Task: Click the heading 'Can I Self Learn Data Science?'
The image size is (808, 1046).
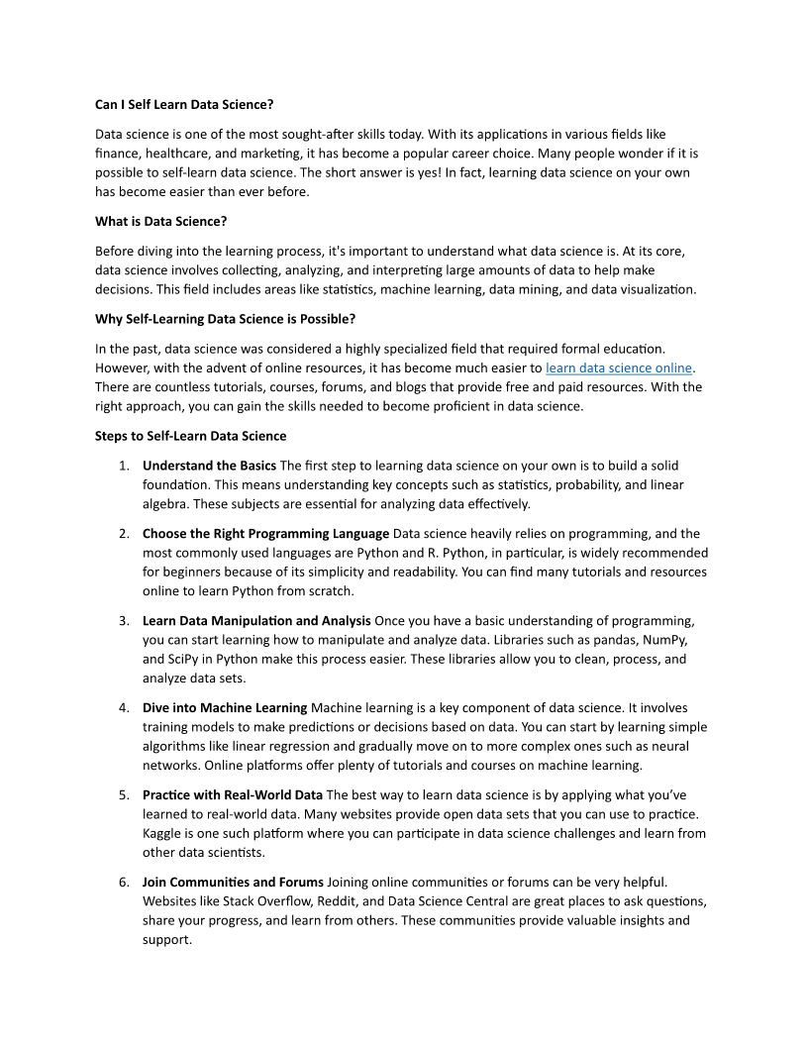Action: click(184, 104)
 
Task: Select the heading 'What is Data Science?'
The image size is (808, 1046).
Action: click(160, 221)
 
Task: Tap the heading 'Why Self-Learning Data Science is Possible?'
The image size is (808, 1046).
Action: click(225, 319)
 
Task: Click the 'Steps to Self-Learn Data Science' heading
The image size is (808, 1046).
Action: click(190, 436)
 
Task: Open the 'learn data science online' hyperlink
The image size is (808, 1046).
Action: click(619, 367)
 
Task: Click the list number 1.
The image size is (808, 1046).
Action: click(124, 466)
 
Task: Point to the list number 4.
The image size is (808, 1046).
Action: click(124, 708)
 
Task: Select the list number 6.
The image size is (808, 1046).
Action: click(124, 882)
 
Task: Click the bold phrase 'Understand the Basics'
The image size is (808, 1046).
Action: click(209, 466)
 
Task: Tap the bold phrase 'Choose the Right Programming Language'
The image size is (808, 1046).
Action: click(265, 534)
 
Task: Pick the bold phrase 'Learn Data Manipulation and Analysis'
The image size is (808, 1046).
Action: click(256, 621)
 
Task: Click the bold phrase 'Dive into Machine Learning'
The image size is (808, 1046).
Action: click(225, 708)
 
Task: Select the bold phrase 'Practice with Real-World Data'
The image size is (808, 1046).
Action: click(233, 794)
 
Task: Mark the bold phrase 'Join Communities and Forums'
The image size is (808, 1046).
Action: click(233, 882)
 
